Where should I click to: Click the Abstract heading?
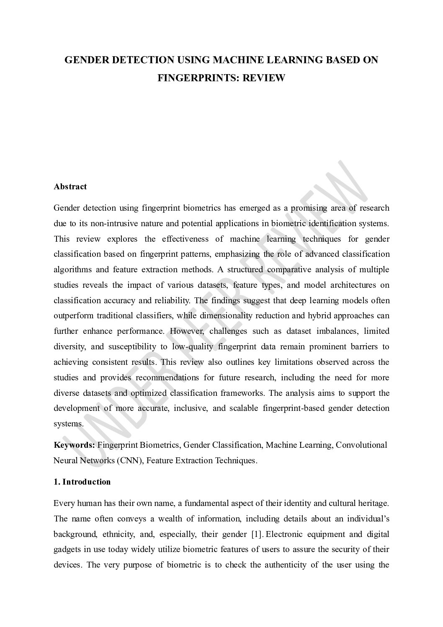coord(70,187)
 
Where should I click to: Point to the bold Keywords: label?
coord(75,445)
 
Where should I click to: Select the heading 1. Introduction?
coord(82,482)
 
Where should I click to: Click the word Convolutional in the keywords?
coord(361,445)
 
